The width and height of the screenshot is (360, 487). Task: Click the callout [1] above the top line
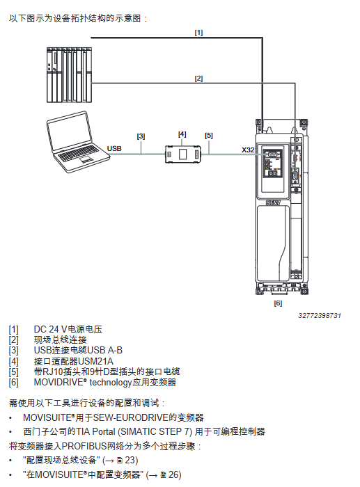point(198,33)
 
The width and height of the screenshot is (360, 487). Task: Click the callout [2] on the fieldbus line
point(198,79)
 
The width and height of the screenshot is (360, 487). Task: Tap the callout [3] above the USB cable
point(141,136)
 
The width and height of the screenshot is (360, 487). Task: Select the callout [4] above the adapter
point(182,134)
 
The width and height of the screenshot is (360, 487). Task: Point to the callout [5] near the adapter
point(209,136)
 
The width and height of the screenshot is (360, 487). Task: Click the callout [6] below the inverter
point(278,303)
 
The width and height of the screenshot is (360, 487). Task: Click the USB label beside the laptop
point(114,149)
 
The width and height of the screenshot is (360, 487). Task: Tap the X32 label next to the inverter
point(248,150)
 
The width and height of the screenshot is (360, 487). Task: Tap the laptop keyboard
point(79,153)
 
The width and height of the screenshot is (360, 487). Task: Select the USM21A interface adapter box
point(183,154)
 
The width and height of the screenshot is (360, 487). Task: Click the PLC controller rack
point(69,75)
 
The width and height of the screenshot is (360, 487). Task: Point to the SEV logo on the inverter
point(273,203)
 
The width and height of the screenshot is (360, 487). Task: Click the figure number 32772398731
point(320,316)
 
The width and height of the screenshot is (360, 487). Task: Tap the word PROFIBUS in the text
point(84,447)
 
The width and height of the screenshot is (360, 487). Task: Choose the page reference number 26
point(174,474)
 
